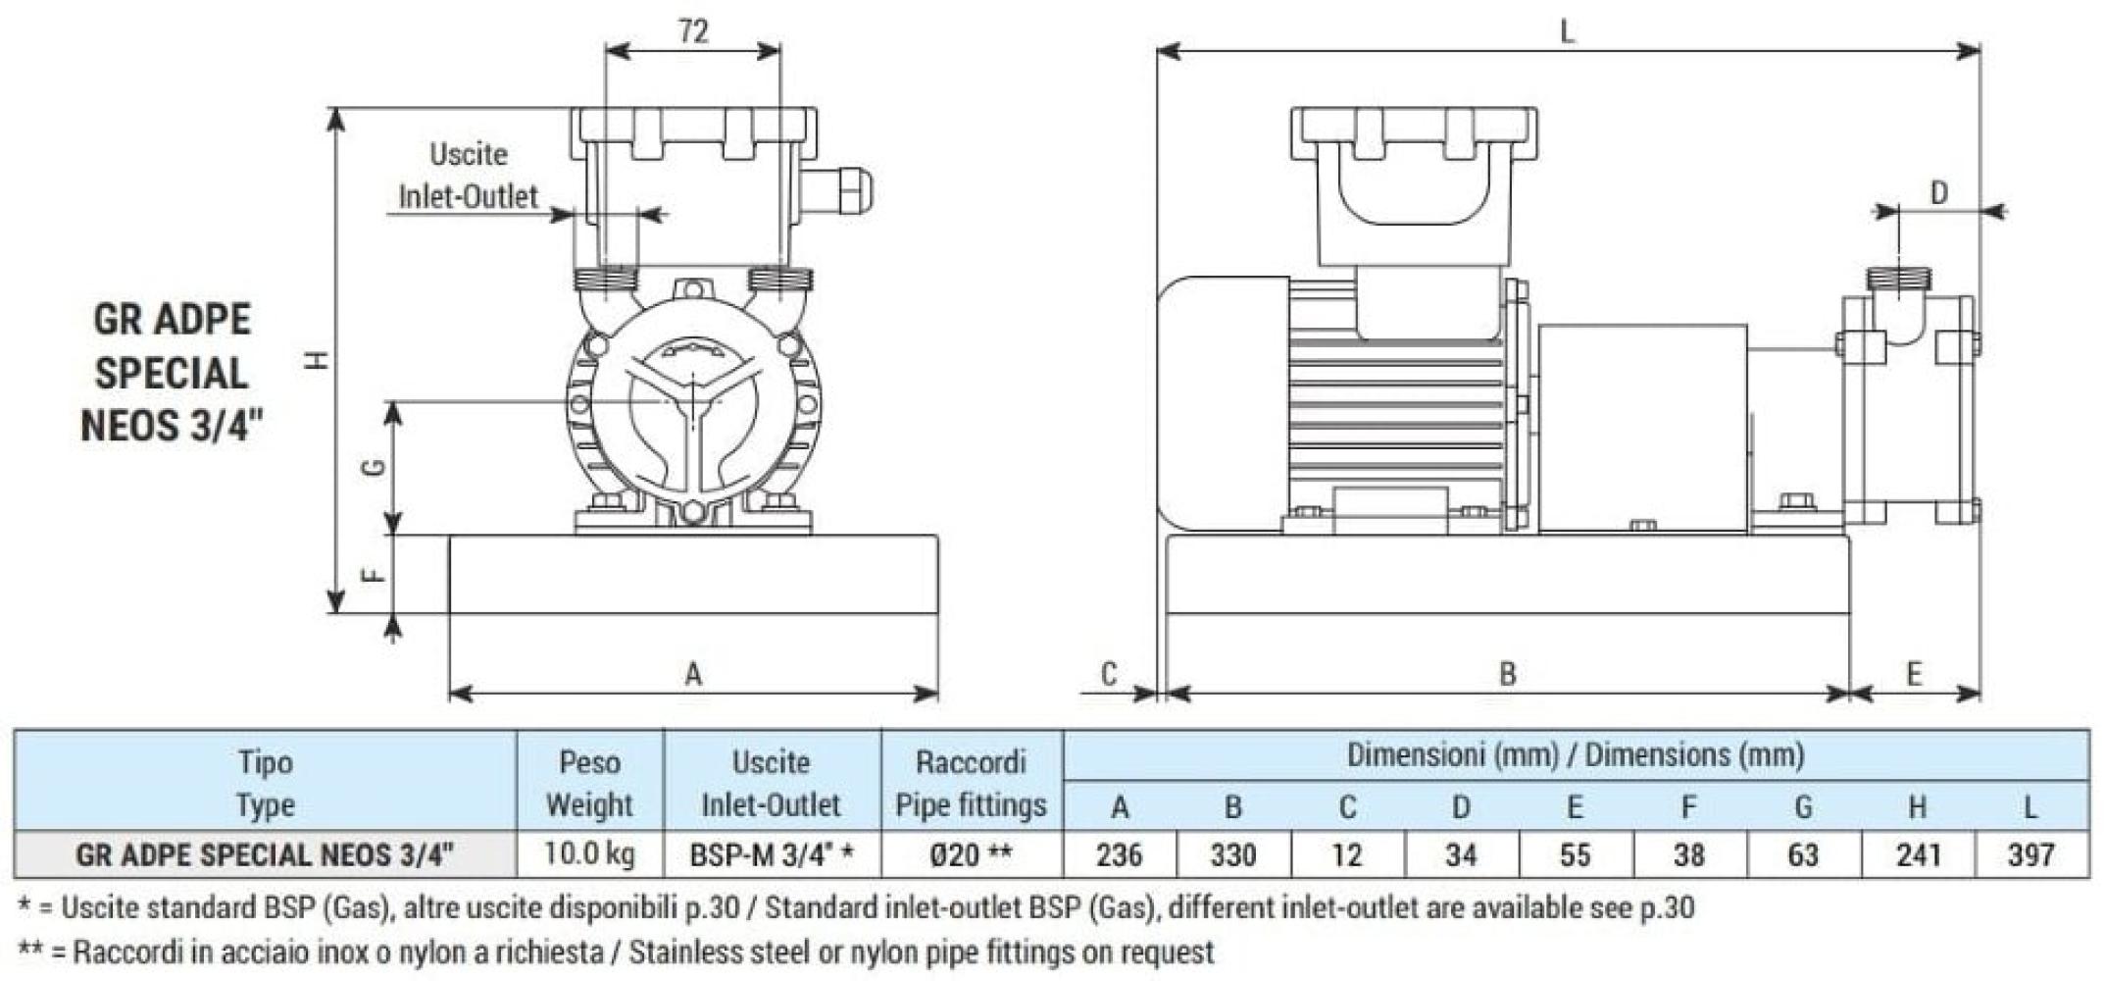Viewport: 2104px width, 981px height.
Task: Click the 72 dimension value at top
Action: point(692,31)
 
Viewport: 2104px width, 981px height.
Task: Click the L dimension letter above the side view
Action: point(1567,32)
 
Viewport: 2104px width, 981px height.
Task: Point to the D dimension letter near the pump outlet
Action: point(1938,193)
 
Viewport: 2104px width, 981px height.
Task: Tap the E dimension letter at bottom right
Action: point(1914,674)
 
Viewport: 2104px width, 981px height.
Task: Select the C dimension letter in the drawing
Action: point(1109,674)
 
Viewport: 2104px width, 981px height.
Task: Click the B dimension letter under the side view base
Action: point(1508,674)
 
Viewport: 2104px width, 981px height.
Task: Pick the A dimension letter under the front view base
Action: point(693,674)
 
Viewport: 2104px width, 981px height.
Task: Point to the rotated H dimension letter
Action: point(317,361)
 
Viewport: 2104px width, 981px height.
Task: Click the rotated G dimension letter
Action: point(374,468)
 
